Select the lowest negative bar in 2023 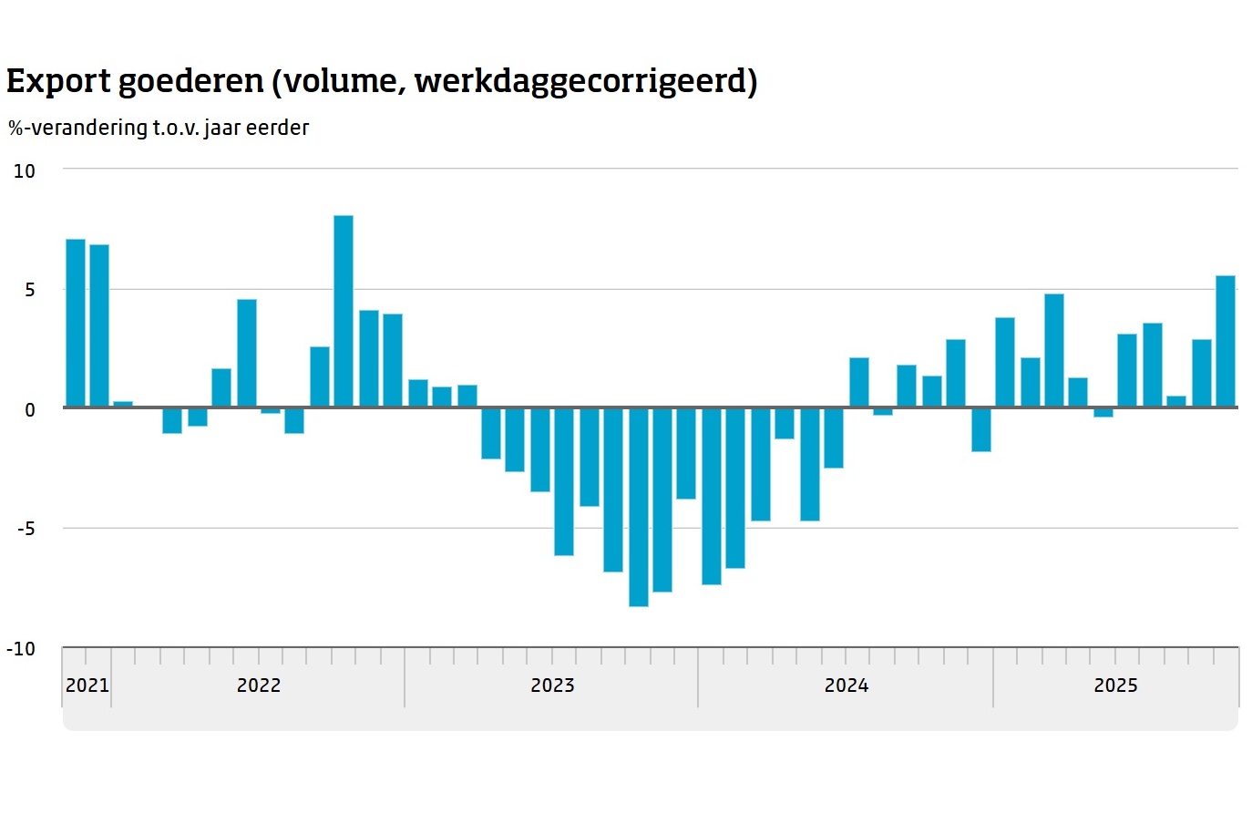(x=639, y=507)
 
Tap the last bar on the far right (x=1226, y=342)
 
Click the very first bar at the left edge (x=76, y=324)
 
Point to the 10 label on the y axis (x=25, y=171)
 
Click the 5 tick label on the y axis (x=30, y=290)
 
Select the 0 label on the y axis (x=30, y=410)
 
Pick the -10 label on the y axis (x=21, y=649)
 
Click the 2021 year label (x=87, y=686)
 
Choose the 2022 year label (x=259, y=686)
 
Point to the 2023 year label (x=552, y=686)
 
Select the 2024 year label (x=847, y=686)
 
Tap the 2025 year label (x=1115, y=686)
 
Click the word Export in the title (x=58, y=82)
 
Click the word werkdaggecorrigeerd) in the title (x=586, y=82)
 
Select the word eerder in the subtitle (x=278, y=128)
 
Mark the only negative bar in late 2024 (x=981, y=429)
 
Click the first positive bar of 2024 (x=859, y=383)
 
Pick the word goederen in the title (x=191, y=82)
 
